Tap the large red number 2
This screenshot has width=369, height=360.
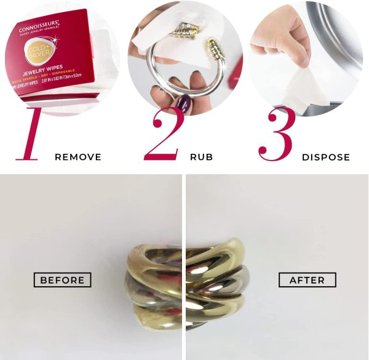point(163,134)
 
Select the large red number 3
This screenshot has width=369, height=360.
point(276,134)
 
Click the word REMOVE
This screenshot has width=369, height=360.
point(78,157)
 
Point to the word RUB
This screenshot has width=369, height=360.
point(202,157)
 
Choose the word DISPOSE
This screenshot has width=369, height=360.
point(326,157)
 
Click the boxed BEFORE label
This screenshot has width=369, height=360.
point(62,280)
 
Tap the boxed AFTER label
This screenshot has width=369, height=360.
point(307,280)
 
